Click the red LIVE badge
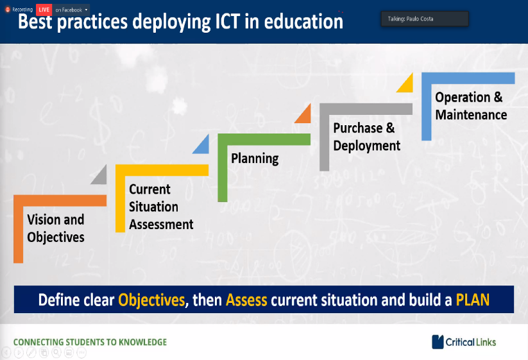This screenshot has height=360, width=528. (44, 10)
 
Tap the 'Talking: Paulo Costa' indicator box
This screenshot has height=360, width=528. (425, 19)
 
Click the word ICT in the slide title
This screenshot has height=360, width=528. (227, 22)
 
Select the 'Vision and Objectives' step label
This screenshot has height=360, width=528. (56, 228)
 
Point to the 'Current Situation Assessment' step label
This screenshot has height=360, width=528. (161, 207)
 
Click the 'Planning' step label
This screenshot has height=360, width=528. (255, 159)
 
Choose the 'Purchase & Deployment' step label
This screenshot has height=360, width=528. (367, 137)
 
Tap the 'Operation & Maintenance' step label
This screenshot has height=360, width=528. (471, 106)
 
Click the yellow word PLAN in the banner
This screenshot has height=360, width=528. (473, 300)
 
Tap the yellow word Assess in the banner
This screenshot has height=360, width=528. (246, 300)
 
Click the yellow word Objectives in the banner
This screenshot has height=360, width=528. (151, 300)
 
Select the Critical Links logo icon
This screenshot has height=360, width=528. (438, 342)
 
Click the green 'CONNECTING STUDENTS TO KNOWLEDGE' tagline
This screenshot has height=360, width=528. (90, 342)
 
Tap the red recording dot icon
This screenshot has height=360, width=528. (8, 10)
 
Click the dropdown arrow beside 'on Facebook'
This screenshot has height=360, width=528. (86, 10)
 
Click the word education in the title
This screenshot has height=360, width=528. (303, 22)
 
